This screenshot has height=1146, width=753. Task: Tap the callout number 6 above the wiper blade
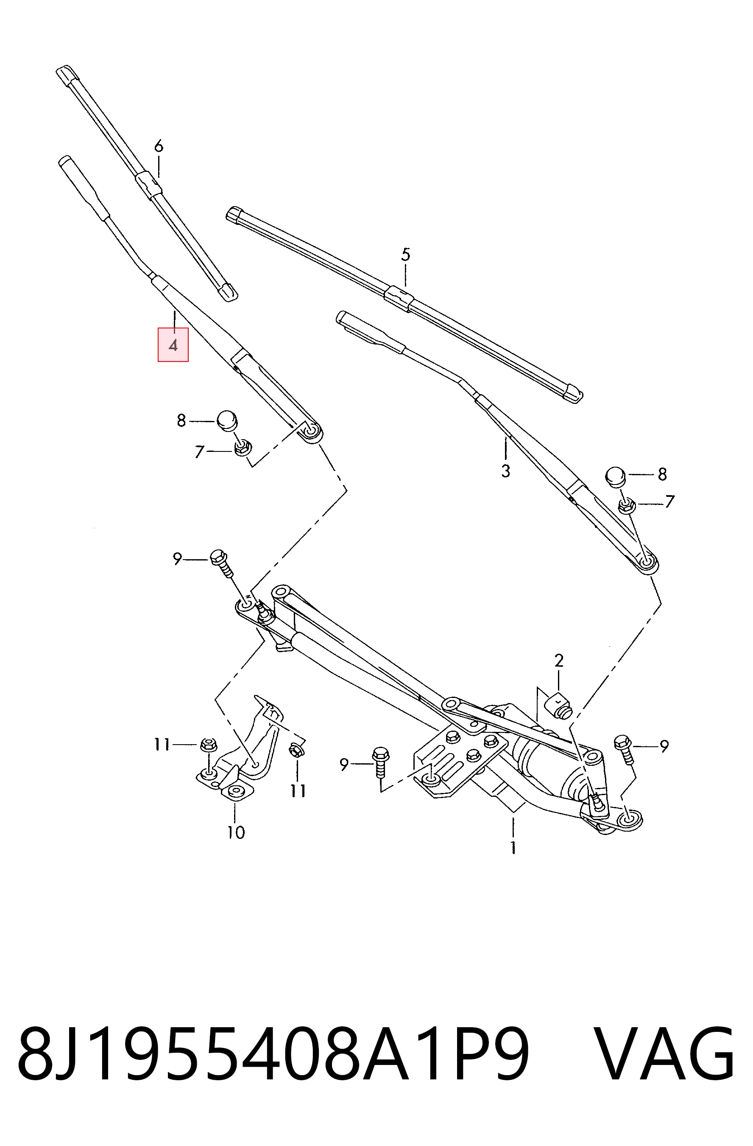[x=159, y=146]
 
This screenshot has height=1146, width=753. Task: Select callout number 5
[x=406, y=255]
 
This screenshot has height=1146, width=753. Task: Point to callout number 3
[x=505, y=471]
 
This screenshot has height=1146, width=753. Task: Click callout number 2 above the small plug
[x=559, y=661]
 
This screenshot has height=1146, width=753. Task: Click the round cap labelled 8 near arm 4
[x=227, y=420]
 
